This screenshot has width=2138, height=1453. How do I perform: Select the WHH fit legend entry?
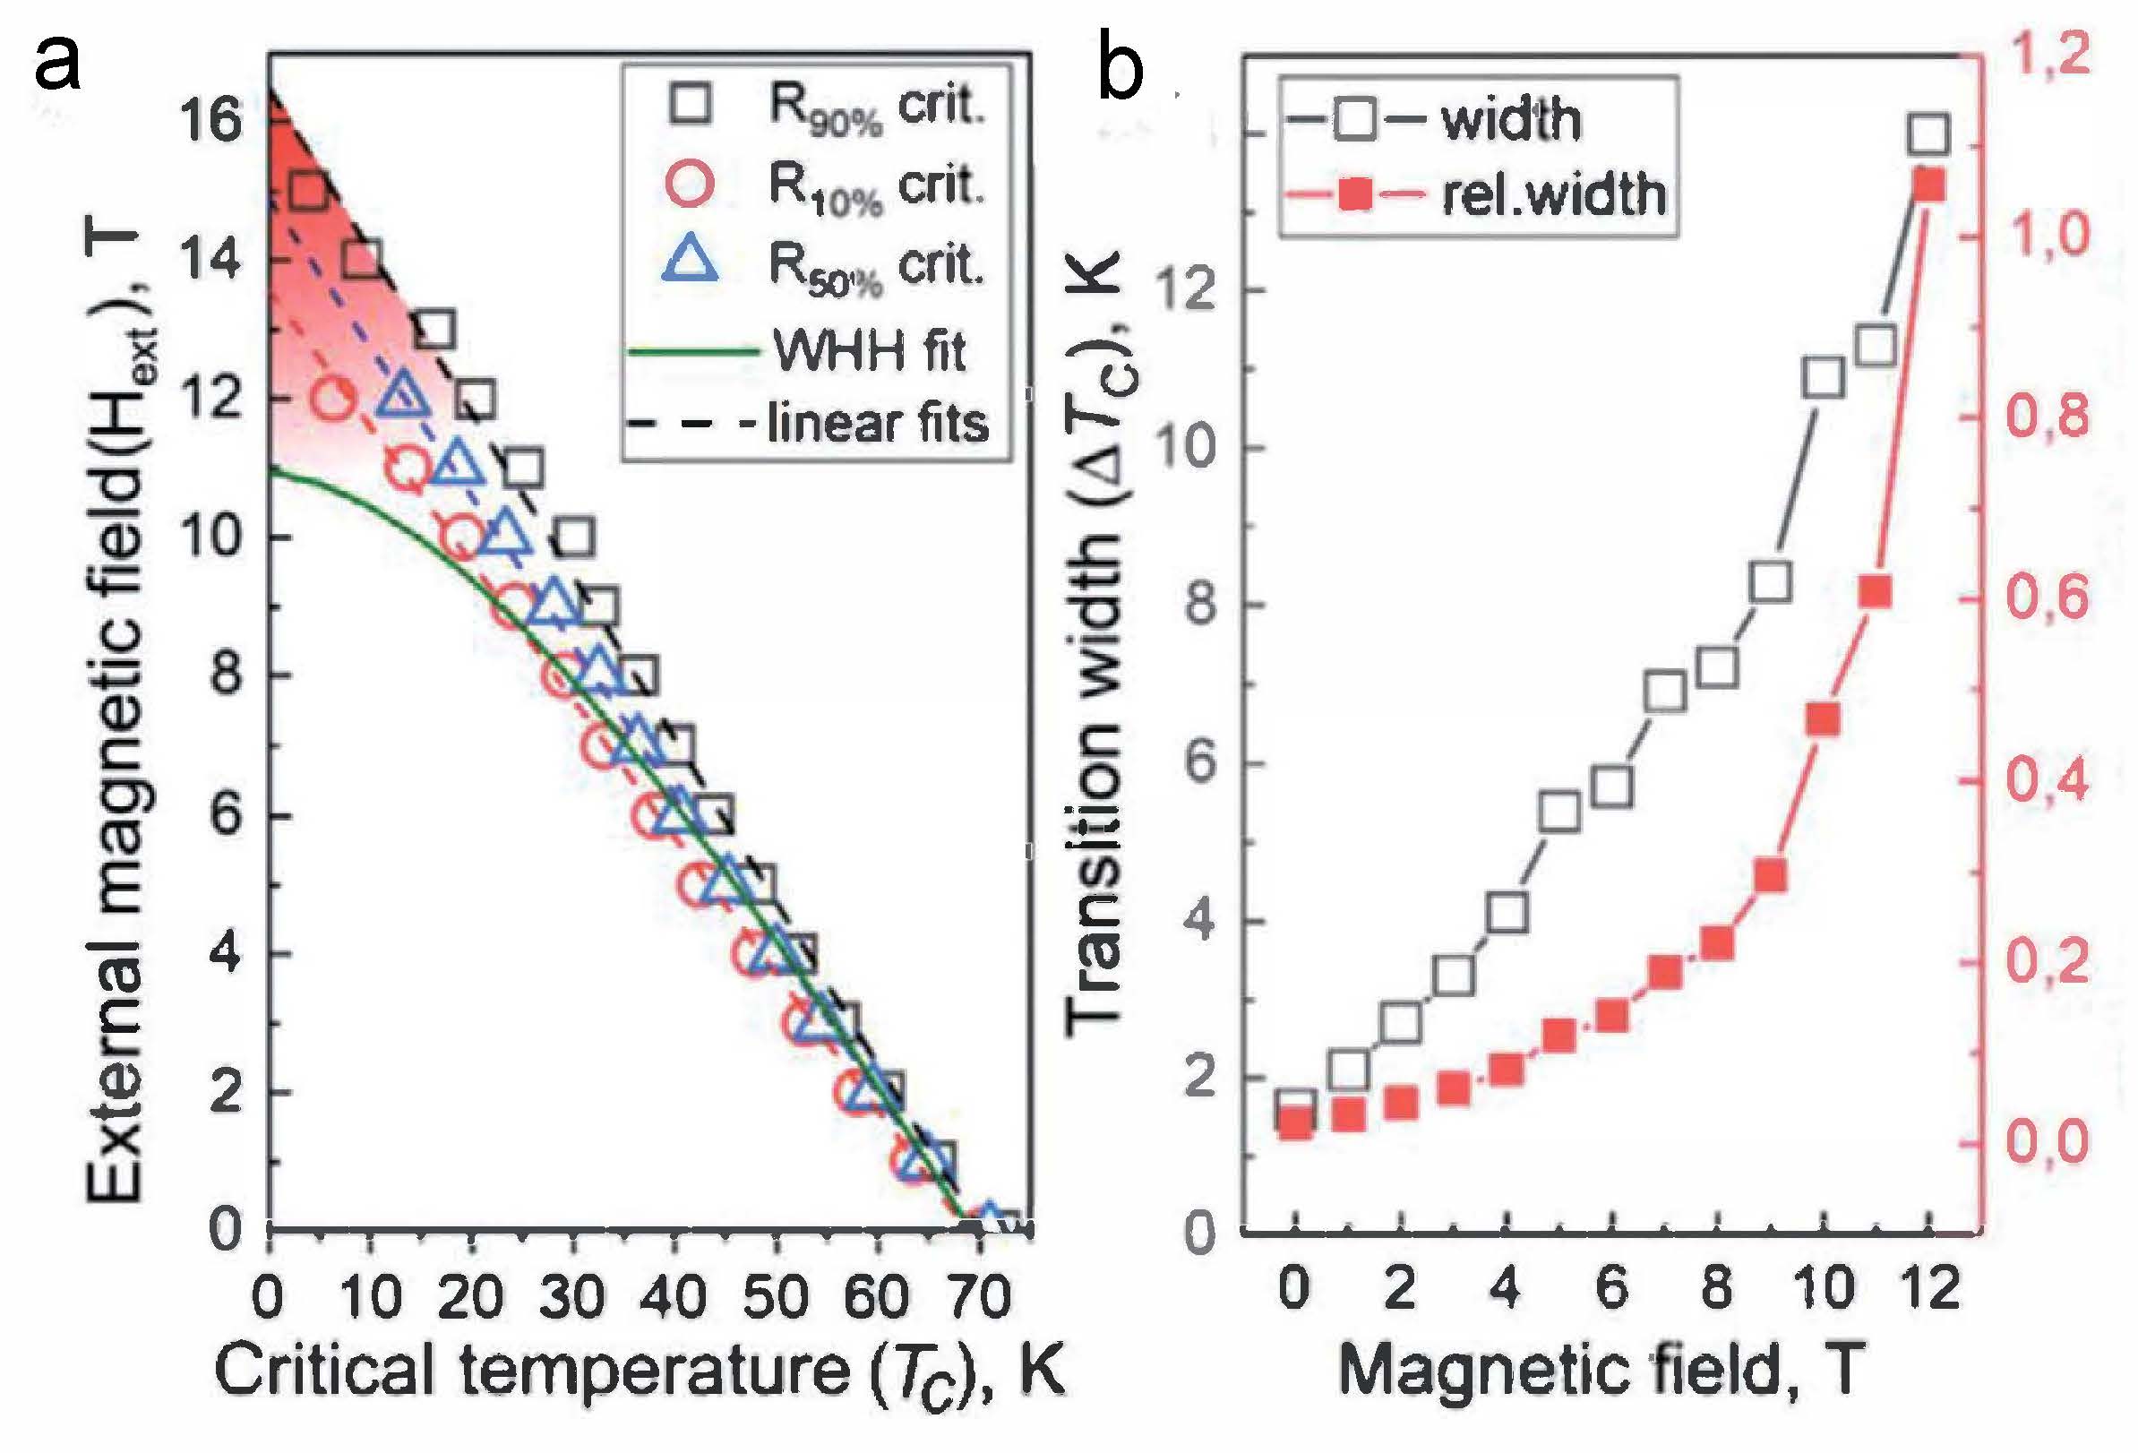(x=870, y=350)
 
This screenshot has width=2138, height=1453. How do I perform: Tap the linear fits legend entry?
(x=877, y=425)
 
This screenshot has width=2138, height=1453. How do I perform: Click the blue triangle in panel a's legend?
(x=689, y=260)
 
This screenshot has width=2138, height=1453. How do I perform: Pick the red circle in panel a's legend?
(x=688, y=183)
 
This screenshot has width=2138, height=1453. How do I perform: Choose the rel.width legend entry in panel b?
(x=1553, y=195)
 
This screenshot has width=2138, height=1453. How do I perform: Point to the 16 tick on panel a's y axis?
(x=210, y=121)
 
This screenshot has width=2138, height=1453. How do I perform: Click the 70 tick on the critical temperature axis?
(x=980, y=1297)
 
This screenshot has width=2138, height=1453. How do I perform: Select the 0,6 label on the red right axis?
(x=2047, y=598)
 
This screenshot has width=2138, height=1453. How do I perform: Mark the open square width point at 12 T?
(x=1928, y=134)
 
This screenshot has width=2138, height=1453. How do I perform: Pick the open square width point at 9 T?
(x=1771, y=582)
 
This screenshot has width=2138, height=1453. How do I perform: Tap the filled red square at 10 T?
(x=1823, y=719)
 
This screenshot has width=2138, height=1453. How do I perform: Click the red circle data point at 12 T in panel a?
(x=332, y=400)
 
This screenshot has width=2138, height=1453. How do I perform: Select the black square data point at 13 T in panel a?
(x=434, y=331)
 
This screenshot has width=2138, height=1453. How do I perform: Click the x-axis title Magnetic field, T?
(x=1601, y=1371)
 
